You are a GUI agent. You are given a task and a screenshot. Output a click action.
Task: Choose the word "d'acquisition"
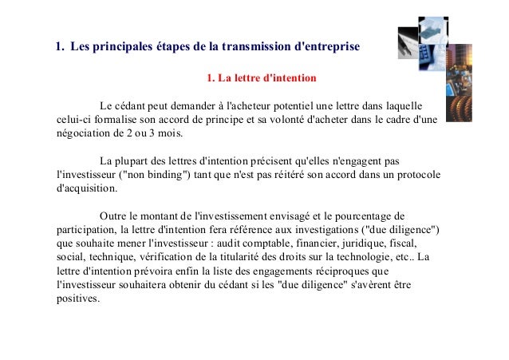click(86, 189)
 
